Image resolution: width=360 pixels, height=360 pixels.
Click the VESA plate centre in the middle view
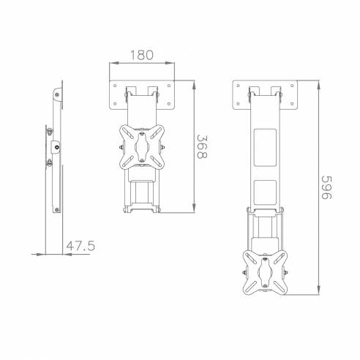coord(142,144)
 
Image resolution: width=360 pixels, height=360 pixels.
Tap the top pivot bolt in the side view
coord(56,93)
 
